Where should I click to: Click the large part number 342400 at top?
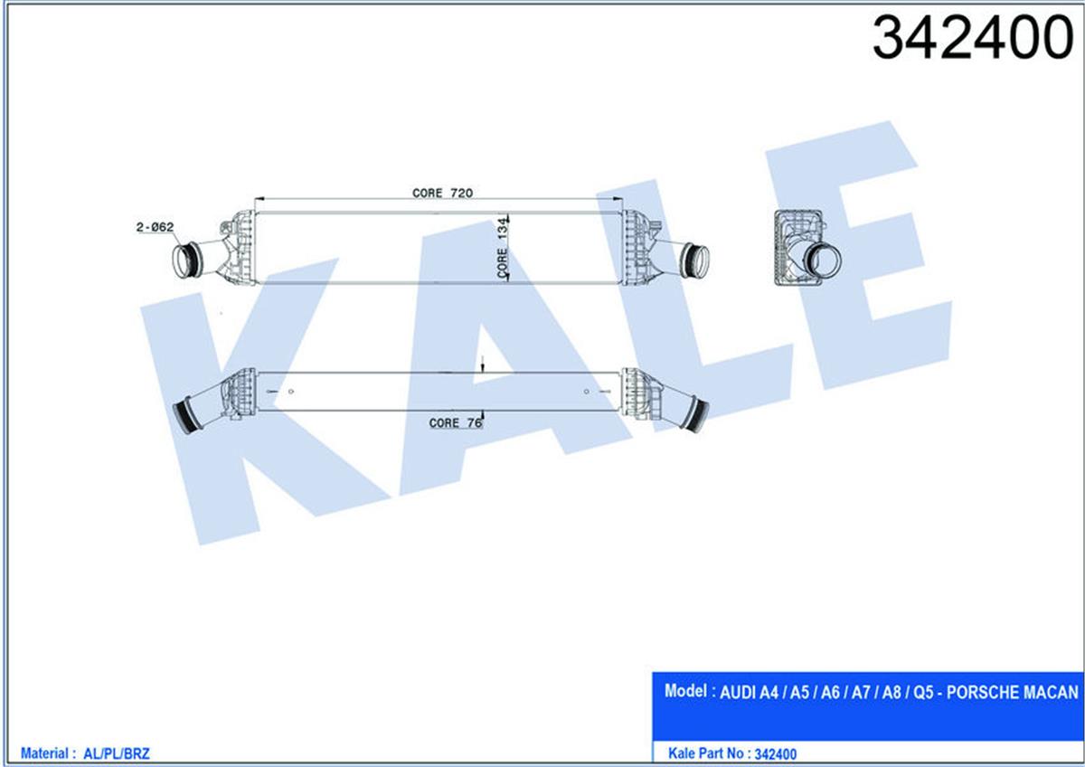[x=971, y=39]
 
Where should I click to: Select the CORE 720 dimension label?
[x=443, y=193]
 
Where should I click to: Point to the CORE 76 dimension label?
[x=456, y=422]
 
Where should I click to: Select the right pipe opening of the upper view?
[x=695, y=260]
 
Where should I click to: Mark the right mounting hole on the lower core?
[x=587, y=391]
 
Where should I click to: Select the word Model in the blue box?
[x=684, y=692]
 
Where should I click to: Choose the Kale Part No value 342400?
[x=775, y=753]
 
